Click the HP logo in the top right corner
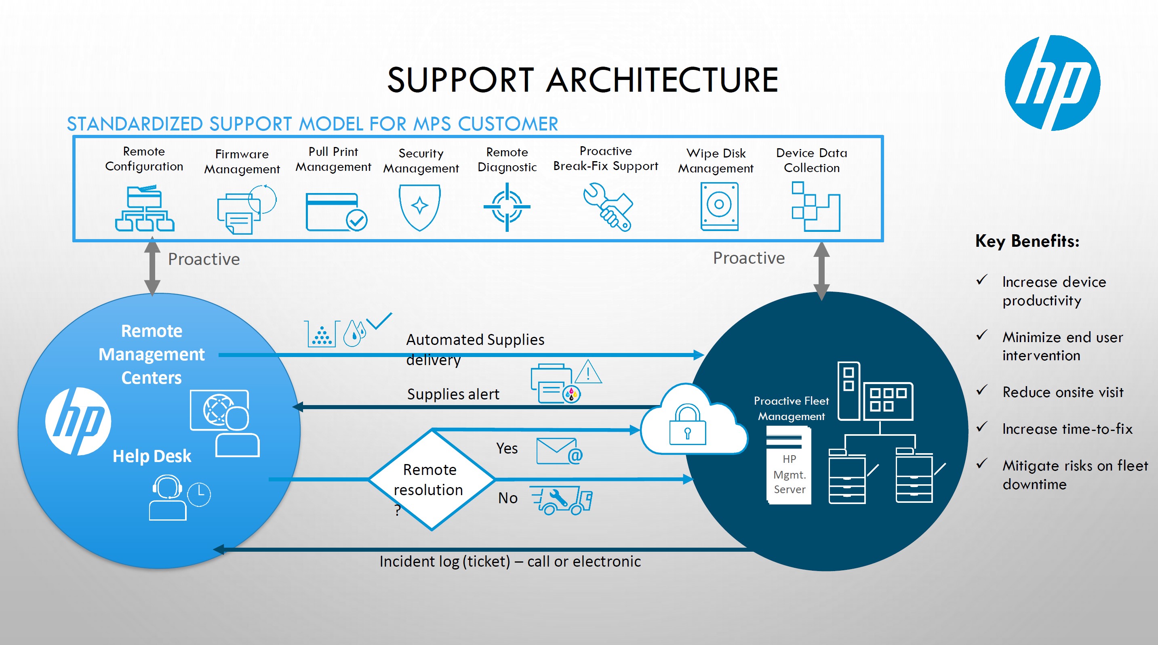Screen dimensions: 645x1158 pyautogui.click(x=1052, y=83)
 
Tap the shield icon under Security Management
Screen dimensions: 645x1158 pyautogui.click(x=419, y=207)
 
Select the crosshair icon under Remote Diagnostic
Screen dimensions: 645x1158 pyautogui.click(x=507, y=207)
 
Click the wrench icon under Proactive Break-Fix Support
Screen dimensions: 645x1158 pyautogui.click(x=608, y=207)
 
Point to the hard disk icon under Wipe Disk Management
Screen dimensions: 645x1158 pyautogui.click(x=719, y=206)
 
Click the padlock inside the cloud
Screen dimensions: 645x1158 pyautogui.click(x=687, y=425)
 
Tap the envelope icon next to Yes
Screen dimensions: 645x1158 pyautogui.click(x=559, y=451)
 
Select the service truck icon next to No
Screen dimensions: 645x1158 pyautogui.click(x=562, y=500)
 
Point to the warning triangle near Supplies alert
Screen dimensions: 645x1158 pyautogui.click(x=588, y=372)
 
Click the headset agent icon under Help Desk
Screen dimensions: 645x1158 pyautogui.click(x=167, y=498)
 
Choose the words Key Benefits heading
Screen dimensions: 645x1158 pyautogui.click(x=1027, y=242)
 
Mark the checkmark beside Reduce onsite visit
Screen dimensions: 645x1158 pyautogui.click(x=982, y=390)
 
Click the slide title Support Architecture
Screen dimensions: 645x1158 pyautogui.click(x=583, y=80)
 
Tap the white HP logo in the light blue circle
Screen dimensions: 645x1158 pyautogui.click(x=78, y=421)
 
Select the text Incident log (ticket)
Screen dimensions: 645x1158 pyautogui.click(x=444, y=561)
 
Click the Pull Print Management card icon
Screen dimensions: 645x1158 pyautogui.click(x=336, y=212)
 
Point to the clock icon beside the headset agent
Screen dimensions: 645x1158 pyautogui.click(x=199, y=494)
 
